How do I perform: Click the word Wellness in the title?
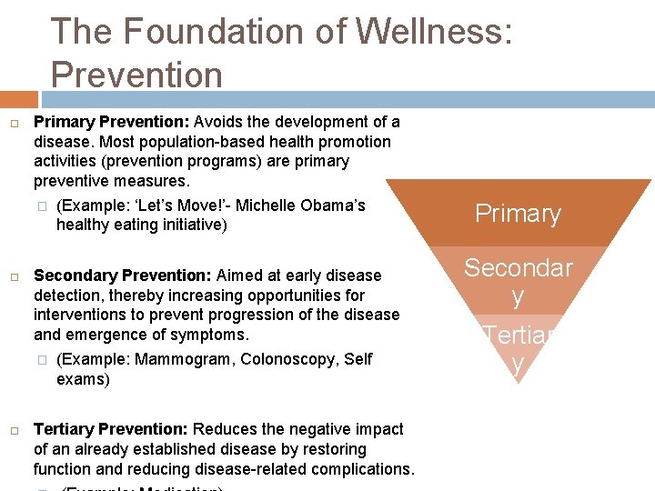[434, 32]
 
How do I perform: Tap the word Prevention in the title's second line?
[136, 75]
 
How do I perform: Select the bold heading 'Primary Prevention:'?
[111, 122]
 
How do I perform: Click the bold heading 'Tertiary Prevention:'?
[110, 429]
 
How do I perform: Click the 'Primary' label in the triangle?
[518, 214]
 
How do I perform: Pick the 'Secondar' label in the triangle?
[518, 267]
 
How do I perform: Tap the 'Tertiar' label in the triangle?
[519, 336]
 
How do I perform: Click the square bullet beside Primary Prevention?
[15, 123]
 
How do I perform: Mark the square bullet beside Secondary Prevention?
[15, 276]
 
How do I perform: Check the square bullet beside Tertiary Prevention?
[15, 430]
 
